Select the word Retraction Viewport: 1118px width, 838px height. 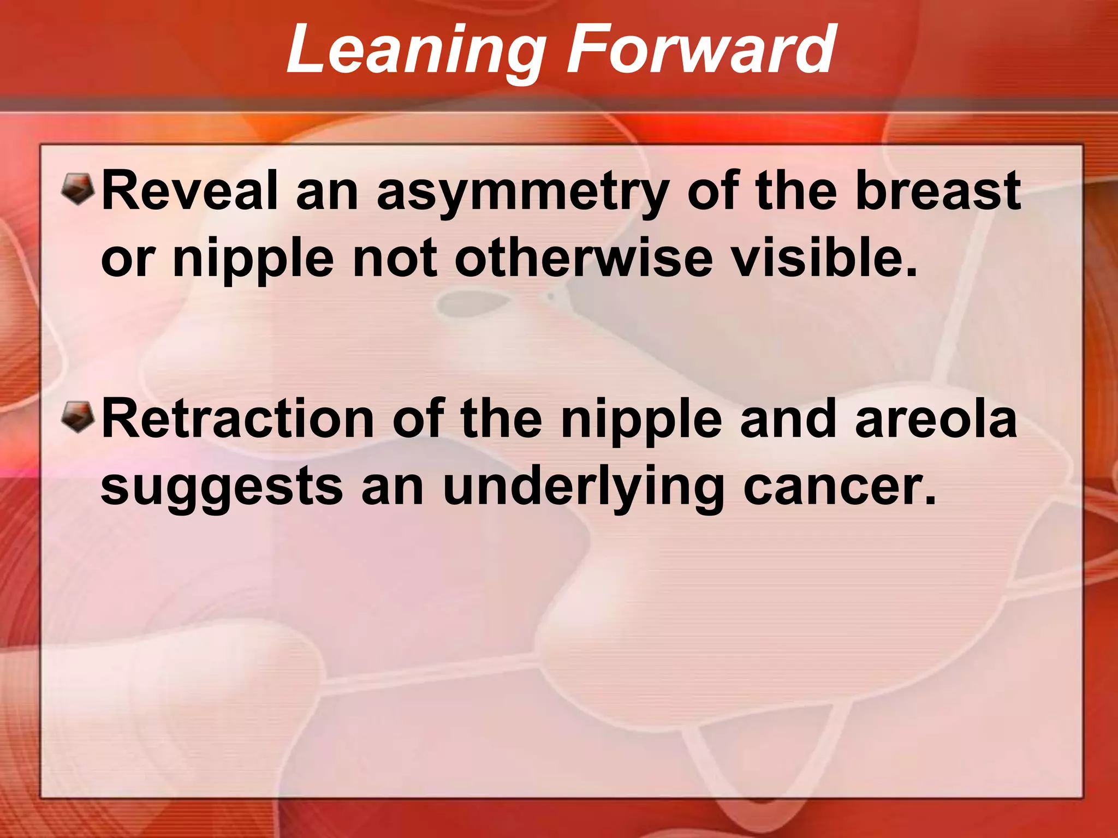pos(237,419)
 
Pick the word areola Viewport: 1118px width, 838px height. pos(936,419)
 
